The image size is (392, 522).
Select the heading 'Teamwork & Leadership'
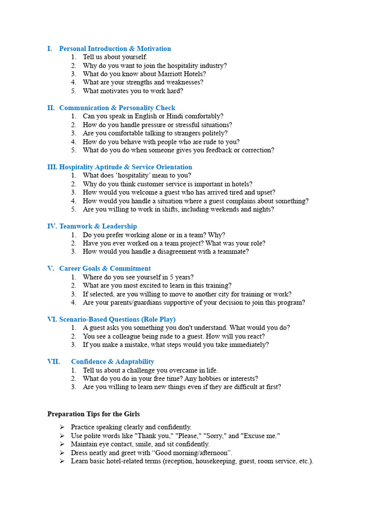point(98,226)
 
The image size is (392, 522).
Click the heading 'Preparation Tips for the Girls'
point(93,414)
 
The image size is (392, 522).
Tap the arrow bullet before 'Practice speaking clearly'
point(61,427)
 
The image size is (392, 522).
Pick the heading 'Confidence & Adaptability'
point(112,361)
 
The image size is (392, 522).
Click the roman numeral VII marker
point(54,361)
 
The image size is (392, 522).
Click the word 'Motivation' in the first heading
point(154,48)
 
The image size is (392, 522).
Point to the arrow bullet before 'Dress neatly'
point(61,453)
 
